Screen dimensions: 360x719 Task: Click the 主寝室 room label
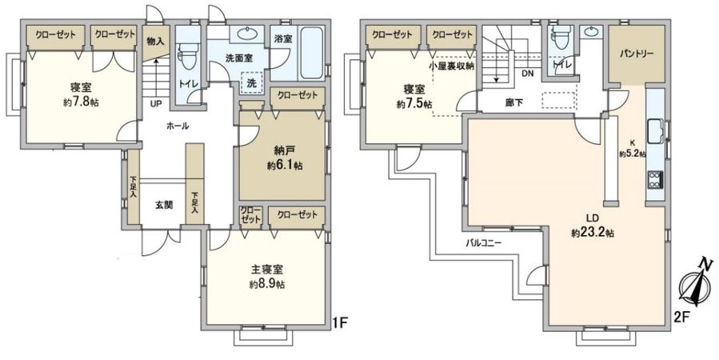pos(266,270)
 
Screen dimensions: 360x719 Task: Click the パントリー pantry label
pos(637,54)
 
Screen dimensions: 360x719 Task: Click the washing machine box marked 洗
pos(251,83)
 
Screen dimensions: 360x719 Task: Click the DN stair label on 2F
pos(528,74)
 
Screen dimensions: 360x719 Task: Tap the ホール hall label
pos(178,126)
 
